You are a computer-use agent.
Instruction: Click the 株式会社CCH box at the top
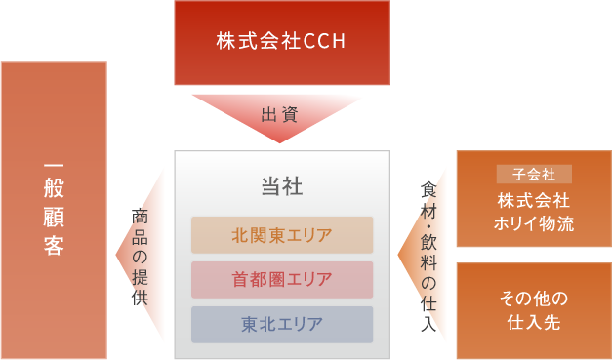280,42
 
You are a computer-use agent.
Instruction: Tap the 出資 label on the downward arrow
280,115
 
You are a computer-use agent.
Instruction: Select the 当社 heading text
282,185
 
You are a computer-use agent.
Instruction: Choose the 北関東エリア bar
282,235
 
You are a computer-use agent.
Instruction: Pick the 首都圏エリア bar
282,279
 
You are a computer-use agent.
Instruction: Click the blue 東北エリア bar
282,324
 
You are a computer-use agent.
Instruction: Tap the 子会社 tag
533,175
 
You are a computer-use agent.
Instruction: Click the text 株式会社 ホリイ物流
533,212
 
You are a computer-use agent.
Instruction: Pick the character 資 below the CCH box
292,115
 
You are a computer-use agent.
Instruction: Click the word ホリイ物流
533,222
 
